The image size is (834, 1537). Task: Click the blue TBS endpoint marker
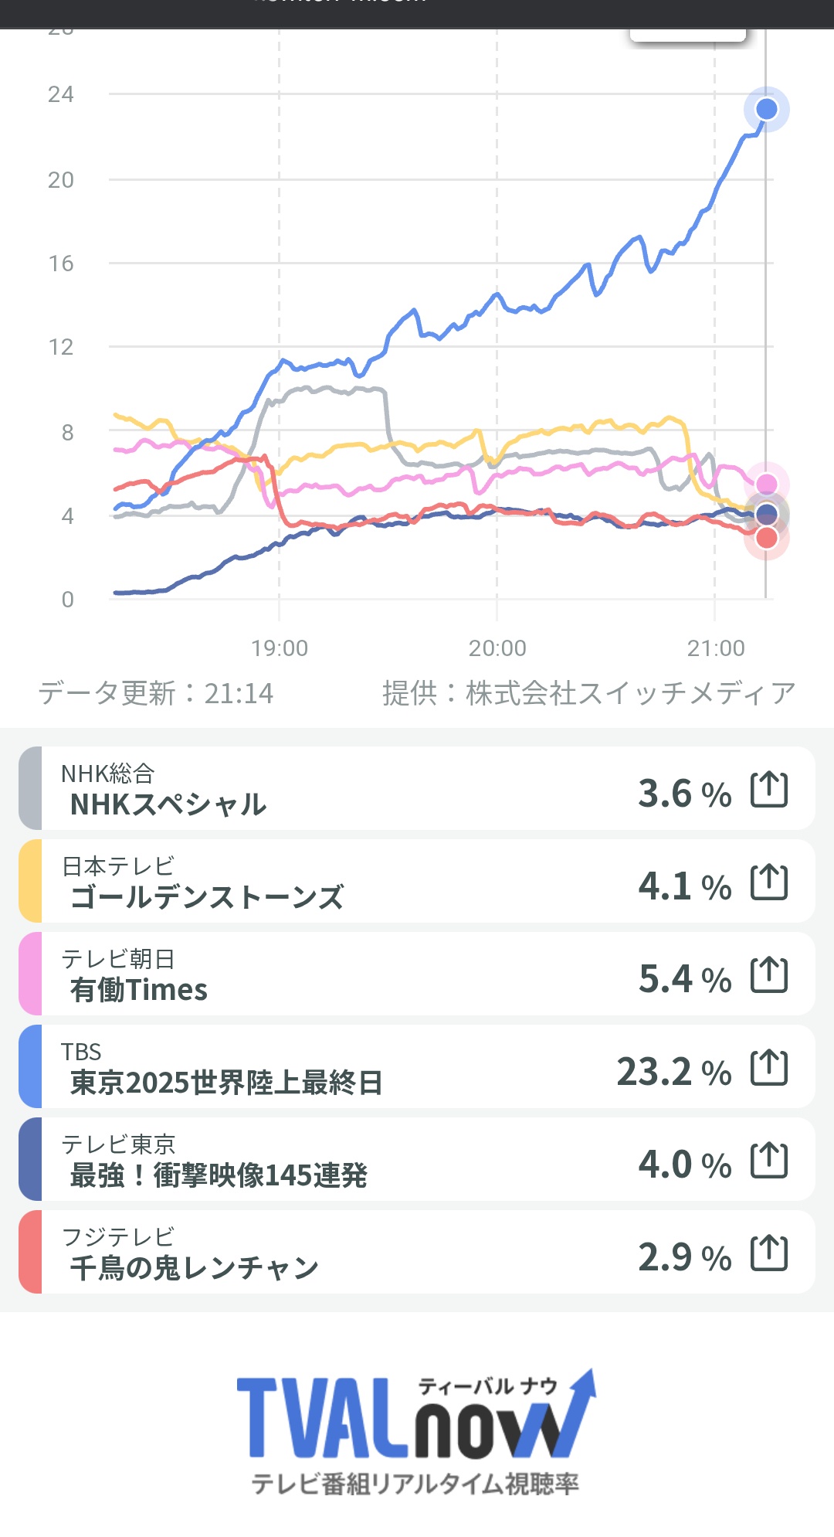point(766,109)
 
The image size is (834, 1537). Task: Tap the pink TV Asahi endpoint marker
point(766,484)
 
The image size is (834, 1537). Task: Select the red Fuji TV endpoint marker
point(766,538)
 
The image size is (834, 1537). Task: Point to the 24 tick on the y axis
point(61,94)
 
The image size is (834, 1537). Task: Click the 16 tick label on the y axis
point(61,264)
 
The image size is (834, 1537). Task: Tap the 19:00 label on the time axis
point(280,648)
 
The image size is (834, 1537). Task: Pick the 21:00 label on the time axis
point(716,648)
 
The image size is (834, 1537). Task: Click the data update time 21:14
point(239,693)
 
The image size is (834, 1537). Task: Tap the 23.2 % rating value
point(673,1072)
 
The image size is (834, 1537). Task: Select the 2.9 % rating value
point(684,1257)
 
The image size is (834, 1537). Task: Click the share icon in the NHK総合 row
point(769,790)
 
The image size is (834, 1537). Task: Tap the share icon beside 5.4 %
point(769,975)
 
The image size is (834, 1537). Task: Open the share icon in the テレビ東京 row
point(769,1161)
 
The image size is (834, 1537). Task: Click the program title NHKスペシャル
point(168,804)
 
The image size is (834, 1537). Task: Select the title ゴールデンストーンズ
point(207,897)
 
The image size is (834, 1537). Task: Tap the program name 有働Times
point(139,990)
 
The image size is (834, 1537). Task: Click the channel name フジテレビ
point(118,1236)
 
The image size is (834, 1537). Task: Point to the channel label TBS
point(81,1052)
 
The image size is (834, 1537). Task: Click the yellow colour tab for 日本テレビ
point(30,881)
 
